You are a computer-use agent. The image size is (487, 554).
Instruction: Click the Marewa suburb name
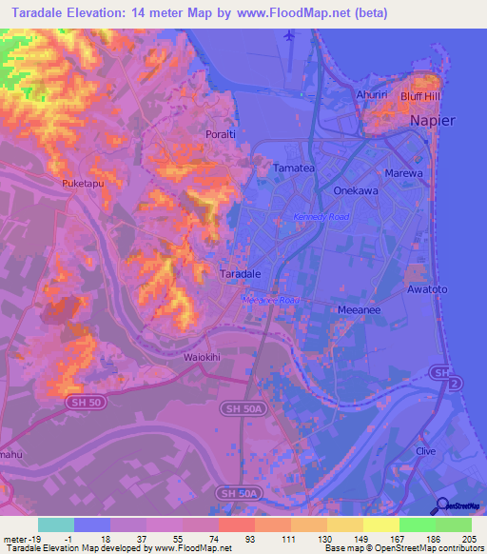[409, 173]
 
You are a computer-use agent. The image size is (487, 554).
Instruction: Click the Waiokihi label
[201, 358]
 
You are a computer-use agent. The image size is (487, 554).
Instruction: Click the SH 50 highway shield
[87, 403]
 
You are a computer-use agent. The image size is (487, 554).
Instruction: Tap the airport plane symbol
[289, 36]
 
